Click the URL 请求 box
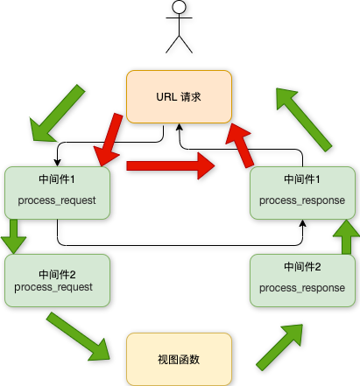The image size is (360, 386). (179, 96)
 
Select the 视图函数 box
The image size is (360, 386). (179, 359)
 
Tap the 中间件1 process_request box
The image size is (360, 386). (57, 192)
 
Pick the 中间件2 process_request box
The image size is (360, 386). (57, 279)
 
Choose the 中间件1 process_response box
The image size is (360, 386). (301, 192)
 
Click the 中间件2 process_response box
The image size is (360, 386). (301, 279)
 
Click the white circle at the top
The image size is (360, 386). (179, 7)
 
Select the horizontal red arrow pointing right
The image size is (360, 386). (171, 164)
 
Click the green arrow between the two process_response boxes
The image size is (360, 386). (346, 236)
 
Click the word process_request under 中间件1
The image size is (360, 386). (57, 201)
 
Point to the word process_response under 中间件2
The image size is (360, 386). (301, 288)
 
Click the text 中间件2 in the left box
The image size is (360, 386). (57, 271)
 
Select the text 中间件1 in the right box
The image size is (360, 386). (301, 179)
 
